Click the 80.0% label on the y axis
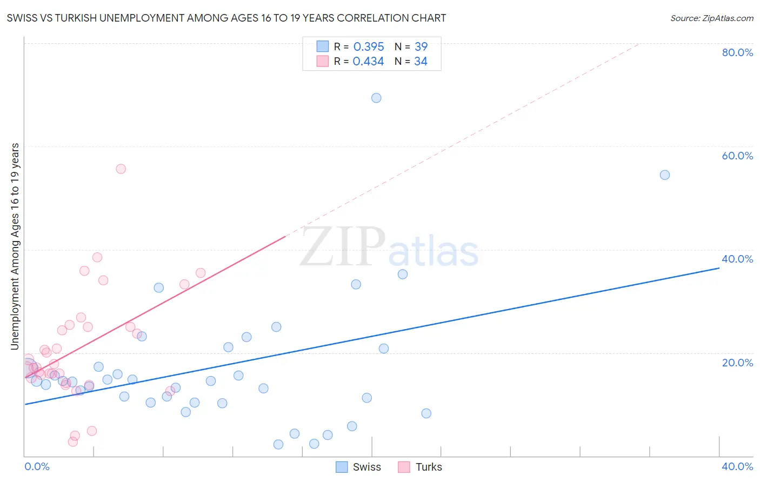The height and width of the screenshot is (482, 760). (x=737, y=52)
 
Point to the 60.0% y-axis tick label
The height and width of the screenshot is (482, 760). (x=737, y=156)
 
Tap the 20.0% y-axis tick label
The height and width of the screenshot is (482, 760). (x=737, y=363)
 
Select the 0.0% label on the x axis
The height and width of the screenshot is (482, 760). (x=37, y=466)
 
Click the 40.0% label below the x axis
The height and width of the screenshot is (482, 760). (x=737, y=466)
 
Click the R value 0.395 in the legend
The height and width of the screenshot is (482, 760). (x=369, y=47)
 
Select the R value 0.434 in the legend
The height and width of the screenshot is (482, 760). (x=368, y=62)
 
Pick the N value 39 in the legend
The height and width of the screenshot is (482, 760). (x=421, y=47)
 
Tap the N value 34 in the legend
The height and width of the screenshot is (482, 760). (x=421, y=62)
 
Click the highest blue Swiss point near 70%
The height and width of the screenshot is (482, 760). (x=376, y=98)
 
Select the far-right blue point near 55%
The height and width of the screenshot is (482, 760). (x=665, y=175)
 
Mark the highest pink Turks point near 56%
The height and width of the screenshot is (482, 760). (x=121, y=169)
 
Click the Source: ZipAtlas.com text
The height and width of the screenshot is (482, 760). (x=711, y=18)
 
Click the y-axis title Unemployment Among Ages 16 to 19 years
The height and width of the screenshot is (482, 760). (x=15, y=246)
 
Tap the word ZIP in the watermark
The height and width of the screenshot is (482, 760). (x=342, y=247)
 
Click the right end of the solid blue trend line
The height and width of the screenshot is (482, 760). (x=719, y=268)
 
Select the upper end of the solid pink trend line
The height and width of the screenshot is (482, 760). (x=285, y=236)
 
